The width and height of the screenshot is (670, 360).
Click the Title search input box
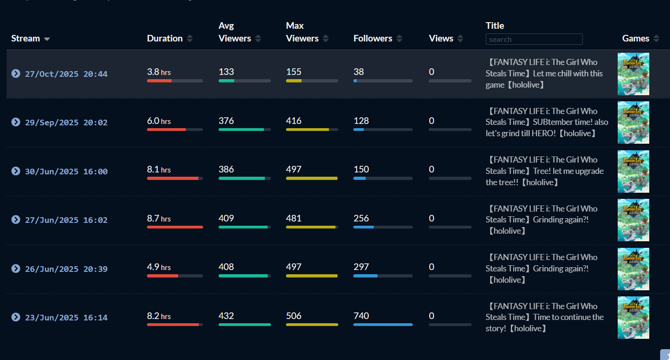[x=534, y=39]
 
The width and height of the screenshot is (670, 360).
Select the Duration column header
[x=165, y=39]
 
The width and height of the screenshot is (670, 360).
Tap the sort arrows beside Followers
[x=399, y=39]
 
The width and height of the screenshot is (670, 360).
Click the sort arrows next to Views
[x=460, y=39]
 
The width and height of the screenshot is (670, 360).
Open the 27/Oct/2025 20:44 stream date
[x=66, y=74]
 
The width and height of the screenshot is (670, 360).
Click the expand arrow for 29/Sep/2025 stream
[x=16, y=122]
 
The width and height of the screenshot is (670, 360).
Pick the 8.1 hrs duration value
[x=159, y=170]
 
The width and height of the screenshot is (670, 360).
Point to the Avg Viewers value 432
[x=226, y=316]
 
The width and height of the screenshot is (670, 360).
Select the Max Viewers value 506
[x=294, y=316]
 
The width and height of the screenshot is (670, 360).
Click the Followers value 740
[x=361, y=316]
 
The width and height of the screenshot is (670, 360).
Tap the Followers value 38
[x=359, y=72]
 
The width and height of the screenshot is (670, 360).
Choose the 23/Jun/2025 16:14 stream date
[x=66, y=318]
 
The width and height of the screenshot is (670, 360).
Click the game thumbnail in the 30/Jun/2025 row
[x=633, y=172]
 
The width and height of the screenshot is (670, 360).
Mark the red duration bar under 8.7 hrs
[x=175, y=227]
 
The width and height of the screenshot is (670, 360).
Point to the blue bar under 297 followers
[x=365, y=276]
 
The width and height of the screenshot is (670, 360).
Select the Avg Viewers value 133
[x=226, y=72]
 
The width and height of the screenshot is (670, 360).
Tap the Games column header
[x=636, y=39]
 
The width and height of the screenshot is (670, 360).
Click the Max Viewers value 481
[x=294, y=218]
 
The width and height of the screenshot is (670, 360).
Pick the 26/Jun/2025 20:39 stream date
[x=66, y=269]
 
